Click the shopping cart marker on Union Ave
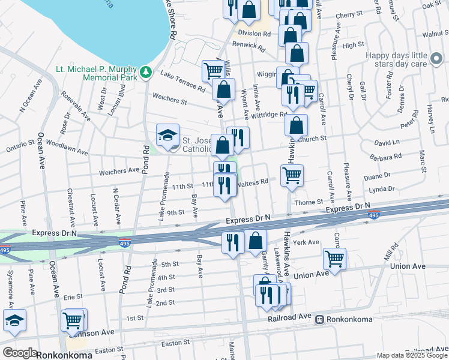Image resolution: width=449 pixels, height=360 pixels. (x=335, y=259)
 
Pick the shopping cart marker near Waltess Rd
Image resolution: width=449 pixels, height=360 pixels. (x=292, y=176)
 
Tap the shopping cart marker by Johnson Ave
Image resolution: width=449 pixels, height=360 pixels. (x=73, y=321)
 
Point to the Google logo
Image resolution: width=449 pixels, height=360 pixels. (x=20, y=353)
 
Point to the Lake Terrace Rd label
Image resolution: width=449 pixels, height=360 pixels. (x=183, y=80)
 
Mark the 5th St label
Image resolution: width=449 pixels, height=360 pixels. (x=170, y=264)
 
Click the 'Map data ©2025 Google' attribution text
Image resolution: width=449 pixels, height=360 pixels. (x=412, y=355)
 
